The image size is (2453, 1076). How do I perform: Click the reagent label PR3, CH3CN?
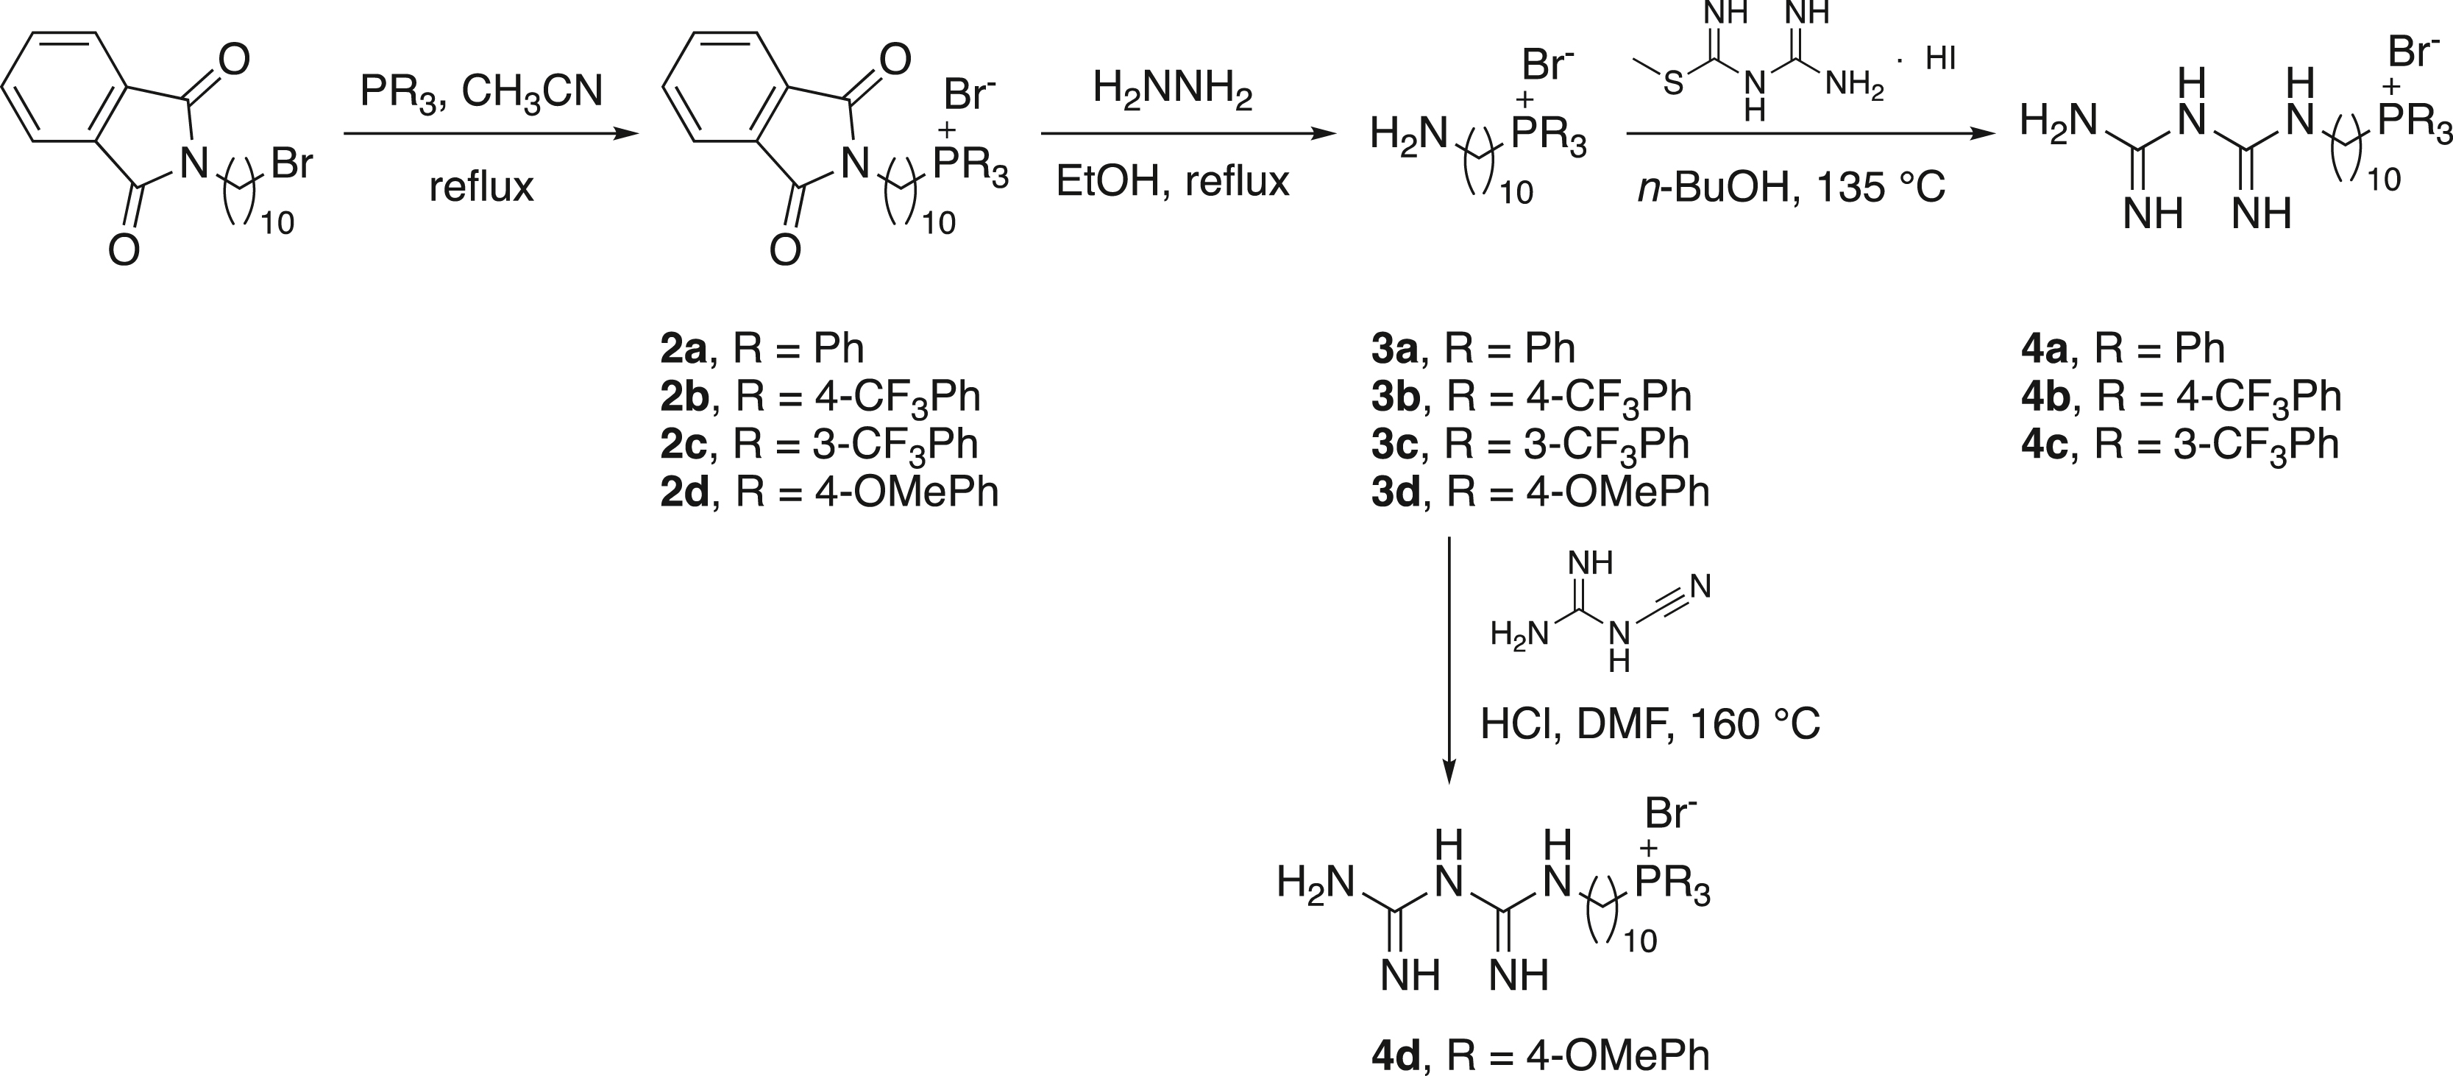(x=481, y=91)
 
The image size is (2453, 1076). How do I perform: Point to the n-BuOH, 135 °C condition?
(x=1791, y=188)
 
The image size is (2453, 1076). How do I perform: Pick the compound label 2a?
(x=684, y=350)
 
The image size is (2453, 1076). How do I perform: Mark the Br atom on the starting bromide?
(x=291, y=164)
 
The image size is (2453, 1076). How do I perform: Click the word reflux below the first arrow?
(x=481, y=188)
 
